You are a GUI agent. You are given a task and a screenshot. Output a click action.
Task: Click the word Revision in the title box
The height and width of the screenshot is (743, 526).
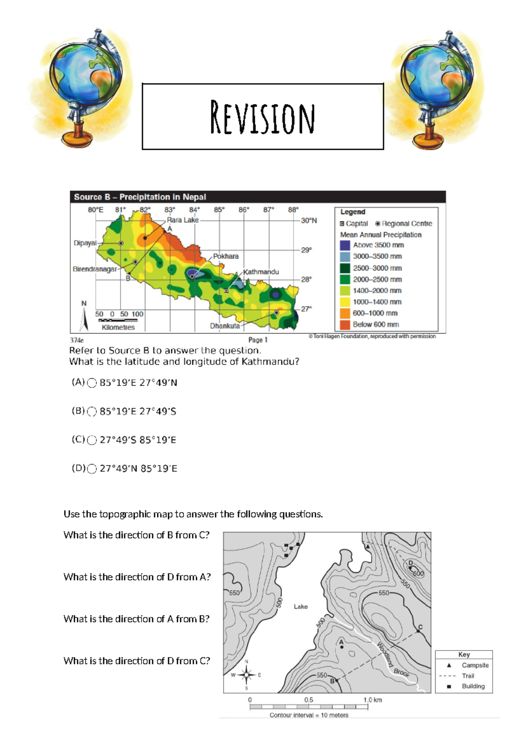click(262, 117)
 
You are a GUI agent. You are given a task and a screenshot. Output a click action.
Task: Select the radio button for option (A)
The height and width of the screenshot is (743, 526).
click(92, 383)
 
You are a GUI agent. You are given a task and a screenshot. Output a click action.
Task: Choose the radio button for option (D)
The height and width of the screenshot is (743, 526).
click(92, 469)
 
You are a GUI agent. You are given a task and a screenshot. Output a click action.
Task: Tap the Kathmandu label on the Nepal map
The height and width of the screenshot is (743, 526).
click(261, 272)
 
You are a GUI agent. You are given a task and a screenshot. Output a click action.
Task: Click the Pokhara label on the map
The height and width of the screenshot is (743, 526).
click(226, 256)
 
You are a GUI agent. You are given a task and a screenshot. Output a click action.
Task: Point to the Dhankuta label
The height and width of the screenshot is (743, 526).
click(224, 326)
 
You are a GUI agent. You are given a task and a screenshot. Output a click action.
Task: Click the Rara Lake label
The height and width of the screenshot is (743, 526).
click(182, 220)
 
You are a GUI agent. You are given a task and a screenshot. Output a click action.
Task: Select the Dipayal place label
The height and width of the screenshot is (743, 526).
click(85, 243)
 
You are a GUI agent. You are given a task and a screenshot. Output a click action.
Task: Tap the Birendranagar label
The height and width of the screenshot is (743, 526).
click(95, 269)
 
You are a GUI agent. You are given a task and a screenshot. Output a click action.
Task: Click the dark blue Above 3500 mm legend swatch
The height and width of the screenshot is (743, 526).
click(345, 245)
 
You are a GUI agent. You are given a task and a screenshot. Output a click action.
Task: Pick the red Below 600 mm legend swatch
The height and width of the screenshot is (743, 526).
click(345, 325)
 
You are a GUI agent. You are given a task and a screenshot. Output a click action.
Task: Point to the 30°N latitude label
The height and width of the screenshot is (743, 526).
click(309, 220)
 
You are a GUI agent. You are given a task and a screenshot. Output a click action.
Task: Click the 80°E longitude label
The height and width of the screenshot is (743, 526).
click(96, 210)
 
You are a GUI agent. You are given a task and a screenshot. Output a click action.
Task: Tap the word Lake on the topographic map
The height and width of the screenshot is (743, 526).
click(301, 607)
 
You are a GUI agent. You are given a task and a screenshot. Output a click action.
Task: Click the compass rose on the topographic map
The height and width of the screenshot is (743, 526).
click(246, 675)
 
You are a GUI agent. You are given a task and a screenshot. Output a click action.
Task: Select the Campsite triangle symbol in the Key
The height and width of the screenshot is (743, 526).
click(449, 665)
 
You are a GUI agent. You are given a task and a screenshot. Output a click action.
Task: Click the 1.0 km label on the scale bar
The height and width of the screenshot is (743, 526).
click(372, 700)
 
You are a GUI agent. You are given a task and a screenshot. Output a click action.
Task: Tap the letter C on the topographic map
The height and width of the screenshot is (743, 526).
click(420, 627)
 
